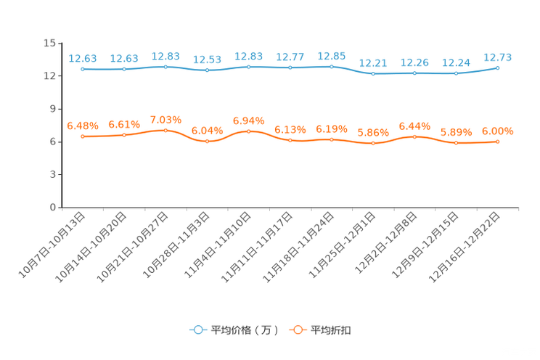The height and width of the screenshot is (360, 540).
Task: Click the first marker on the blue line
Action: (x=83, y=69)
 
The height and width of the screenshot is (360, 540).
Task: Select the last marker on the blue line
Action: (x=498, y=67)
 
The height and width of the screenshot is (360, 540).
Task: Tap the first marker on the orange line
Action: (x=83, y=136)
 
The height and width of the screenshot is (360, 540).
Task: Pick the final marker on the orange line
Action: (x=498, y=142)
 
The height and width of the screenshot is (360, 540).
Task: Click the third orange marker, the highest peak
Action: (x=166, y=131)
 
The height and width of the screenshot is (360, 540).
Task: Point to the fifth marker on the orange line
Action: (x=249, y=131)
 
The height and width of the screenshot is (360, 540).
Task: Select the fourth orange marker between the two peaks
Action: (x=208, y=142)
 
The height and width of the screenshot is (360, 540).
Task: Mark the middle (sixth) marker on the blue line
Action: (x=290, y=67)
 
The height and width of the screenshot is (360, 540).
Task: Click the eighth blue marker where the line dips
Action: (x=373, y=73)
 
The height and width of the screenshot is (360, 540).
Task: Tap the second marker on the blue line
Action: (x=124, y=69)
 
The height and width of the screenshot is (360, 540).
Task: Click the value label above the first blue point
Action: (x=83, y=58)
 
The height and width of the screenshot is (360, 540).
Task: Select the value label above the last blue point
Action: (x=498, y=57)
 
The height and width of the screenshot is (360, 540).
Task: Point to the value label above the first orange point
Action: (x=83, y=126)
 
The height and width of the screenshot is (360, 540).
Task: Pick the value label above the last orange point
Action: (x=498, y=131)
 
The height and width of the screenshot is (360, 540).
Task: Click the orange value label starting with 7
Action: (x=166, y=120)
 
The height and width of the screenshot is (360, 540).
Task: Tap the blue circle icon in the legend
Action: (x=197, y=330)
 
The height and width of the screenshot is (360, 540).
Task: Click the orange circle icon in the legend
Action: (x=297, y=330)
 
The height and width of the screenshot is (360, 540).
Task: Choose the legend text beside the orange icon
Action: (x=332, y=330)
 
